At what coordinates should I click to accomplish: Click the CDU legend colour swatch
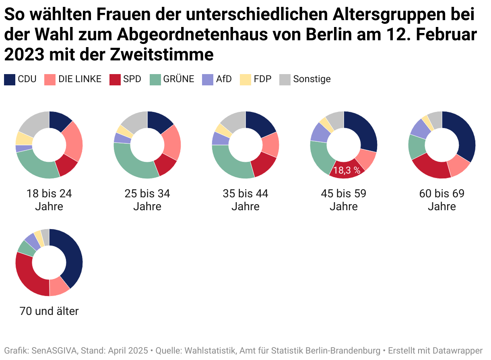[10, 79]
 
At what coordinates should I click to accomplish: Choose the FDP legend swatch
[245, 79]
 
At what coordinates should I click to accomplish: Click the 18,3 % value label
[347, 170]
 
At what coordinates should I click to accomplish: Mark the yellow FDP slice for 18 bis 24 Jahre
[24, 138]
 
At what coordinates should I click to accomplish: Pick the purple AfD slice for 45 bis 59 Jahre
[320, 132]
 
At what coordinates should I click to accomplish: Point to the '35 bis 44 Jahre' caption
[245, 200]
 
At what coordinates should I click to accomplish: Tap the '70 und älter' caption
[49, 311]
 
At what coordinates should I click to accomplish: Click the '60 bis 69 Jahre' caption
[442, 200]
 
